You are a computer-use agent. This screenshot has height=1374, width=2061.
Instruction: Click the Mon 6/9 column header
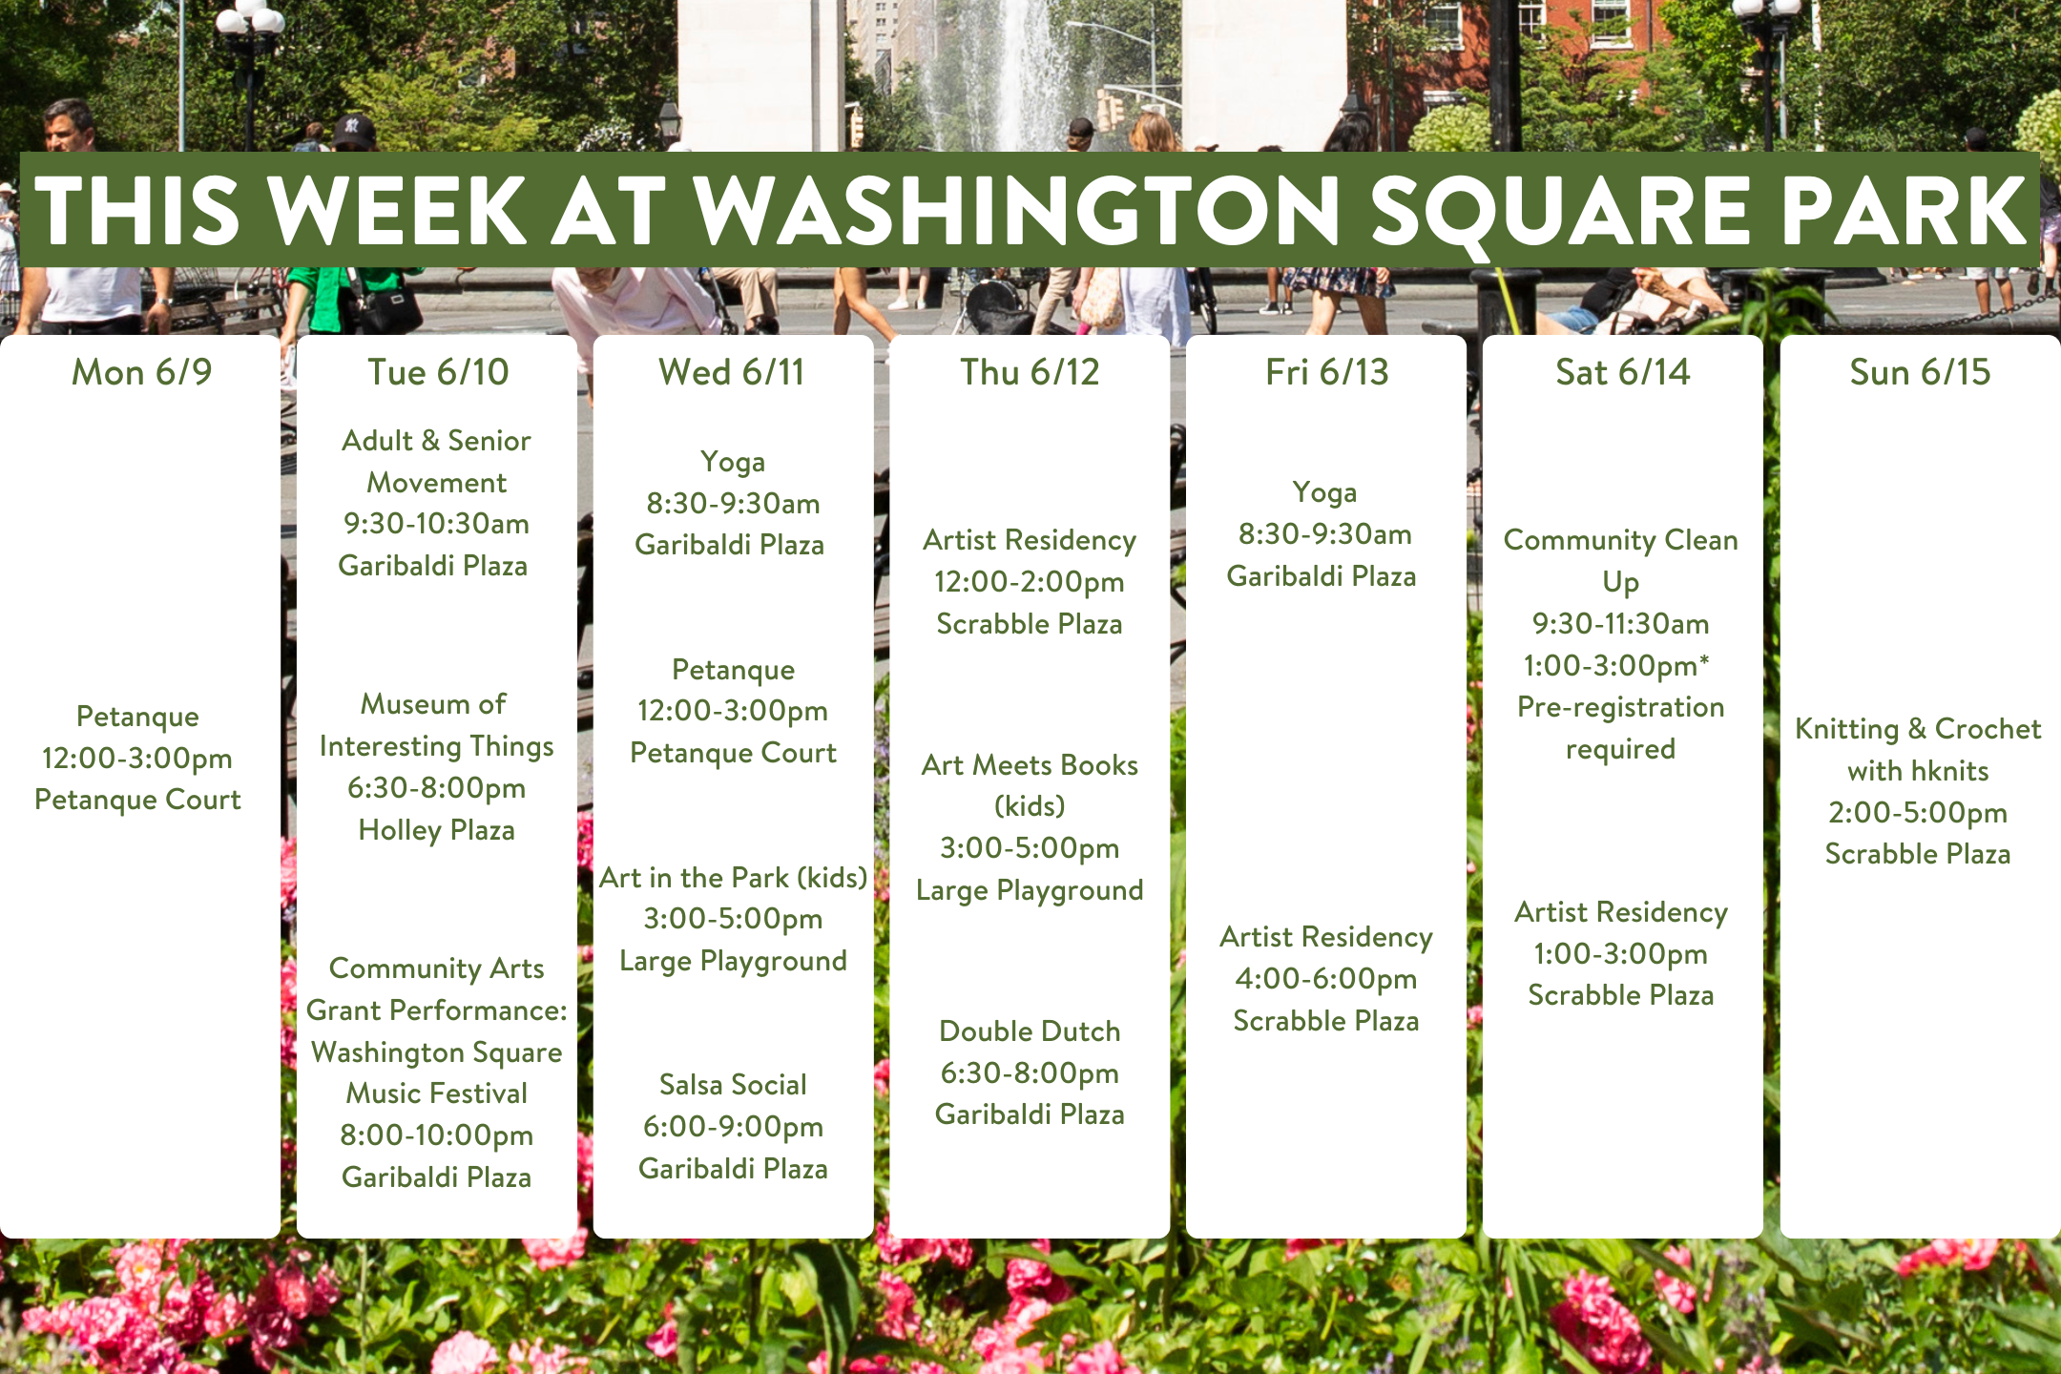click(142, 372)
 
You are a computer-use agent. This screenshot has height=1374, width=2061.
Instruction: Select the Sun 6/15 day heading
click(1920, 372)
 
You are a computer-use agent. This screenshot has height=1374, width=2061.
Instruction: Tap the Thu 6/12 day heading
click(1030, 372)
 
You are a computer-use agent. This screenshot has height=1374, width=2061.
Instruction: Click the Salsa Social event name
click(733, 1085)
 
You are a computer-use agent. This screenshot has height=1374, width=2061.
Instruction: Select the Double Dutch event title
click(1030, 1031)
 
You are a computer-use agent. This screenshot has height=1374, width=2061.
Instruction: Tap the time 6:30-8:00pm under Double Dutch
click(1030, 1073)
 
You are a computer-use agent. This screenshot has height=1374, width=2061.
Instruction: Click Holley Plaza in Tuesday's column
click(436, 830)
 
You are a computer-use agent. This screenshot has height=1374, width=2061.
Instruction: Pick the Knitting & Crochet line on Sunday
click(1918, 729)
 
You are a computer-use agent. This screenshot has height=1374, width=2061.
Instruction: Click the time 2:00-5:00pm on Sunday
click(1918, 813)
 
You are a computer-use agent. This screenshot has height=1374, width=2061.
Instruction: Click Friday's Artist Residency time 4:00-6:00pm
click(1326, 979)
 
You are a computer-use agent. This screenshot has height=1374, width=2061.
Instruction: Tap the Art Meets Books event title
click(1030, 765)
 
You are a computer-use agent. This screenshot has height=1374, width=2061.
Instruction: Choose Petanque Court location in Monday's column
click(137, 800)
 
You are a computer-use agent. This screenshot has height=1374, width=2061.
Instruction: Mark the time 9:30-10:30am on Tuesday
click(436, 524)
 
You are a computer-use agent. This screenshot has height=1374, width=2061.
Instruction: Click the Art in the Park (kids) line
click(733, 878)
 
